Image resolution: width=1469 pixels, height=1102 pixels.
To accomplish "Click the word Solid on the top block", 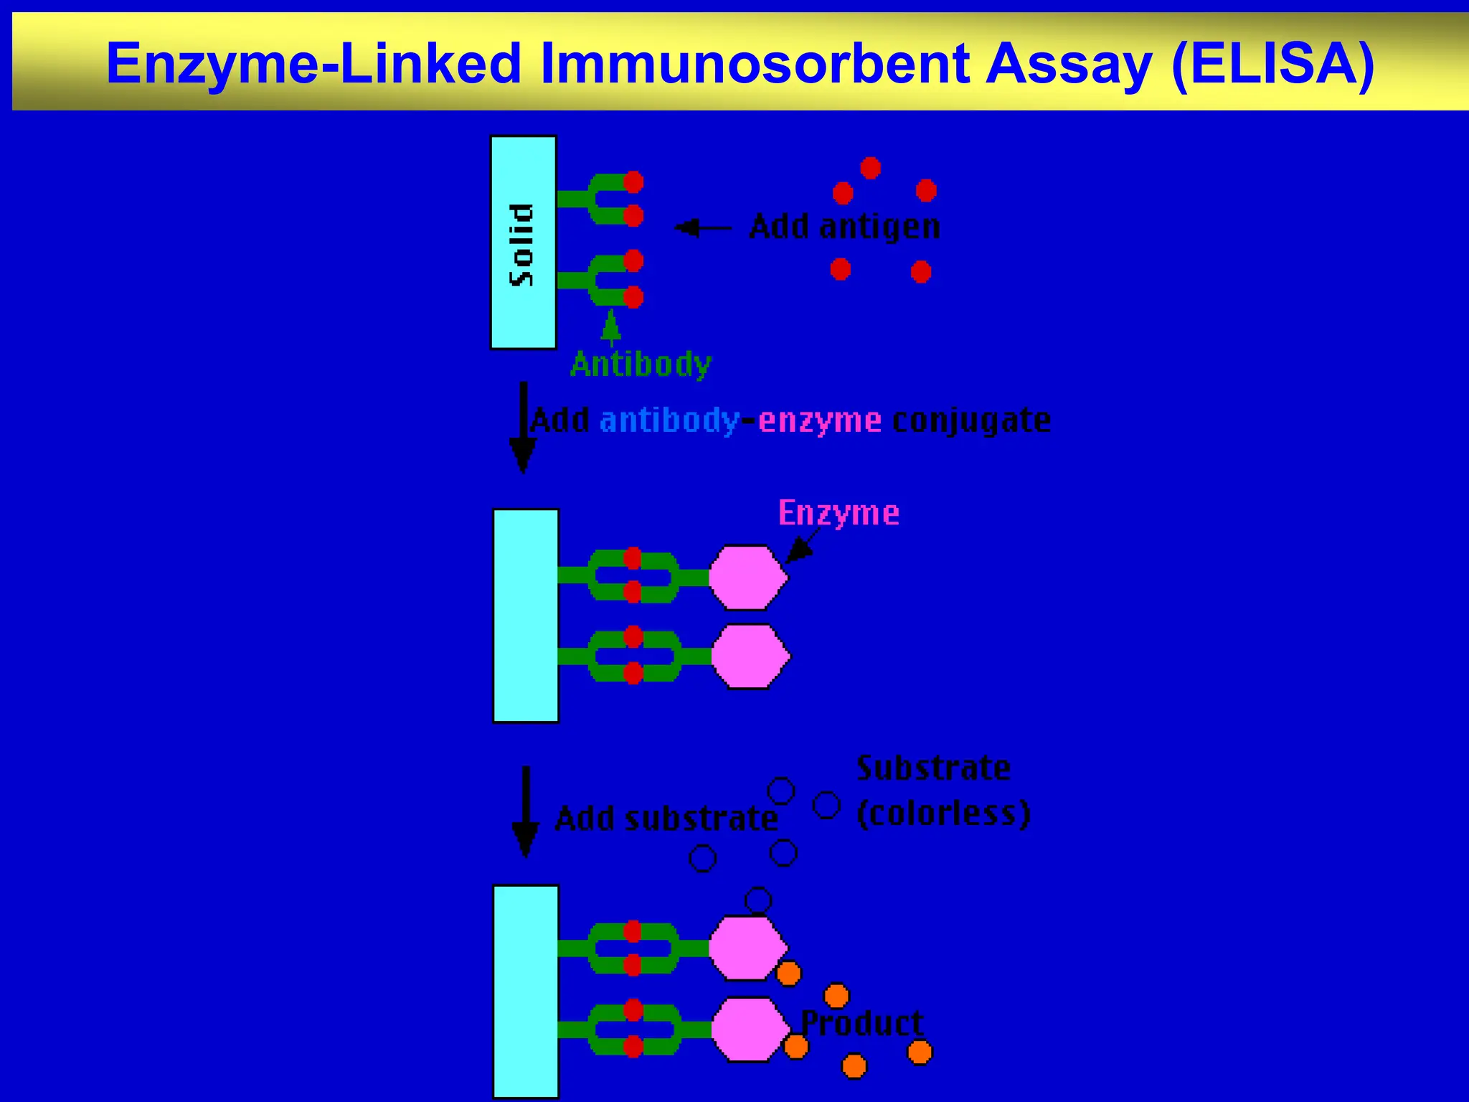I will pos(521,245).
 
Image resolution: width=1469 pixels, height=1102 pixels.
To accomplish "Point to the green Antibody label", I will pos(640,364).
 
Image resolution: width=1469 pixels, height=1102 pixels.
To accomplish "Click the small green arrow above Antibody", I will pos(610,326).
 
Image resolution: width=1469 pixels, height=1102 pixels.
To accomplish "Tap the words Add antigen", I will pos(844,227).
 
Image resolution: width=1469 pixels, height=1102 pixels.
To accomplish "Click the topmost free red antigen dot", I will pos(870,168).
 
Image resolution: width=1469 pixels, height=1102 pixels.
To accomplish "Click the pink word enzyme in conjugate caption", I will pos(819,420).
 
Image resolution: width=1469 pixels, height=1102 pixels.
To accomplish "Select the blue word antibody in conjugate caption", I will pos(669,420).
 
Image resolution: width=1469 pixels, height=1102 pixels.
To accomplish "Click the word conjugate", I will pos(971,420).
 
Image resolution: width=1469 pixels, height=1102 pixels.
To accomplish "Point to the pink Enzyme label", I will pos(839,513).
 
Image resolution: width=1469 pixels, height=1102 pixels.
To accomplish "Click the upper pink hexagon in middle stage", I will pos(747,578).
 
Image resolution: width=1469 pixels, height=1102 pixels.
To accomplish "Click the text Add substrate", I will pos(666,819).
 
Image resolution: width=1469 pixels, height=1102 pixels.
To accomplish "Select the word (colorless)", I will pos(943,813).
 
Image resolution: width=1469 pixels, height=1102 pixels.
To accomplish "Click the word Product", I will pos(861,1022).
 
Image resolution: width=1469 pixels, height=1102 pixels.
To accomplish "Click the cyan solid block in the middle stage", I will pos(526,616).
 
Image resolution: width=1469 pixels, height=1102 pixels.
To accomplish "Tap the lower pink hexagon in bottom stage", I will pos(750,1029).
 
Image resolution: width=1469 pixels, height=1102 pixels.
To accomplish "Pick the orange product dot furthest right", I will pos(920,1052).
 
